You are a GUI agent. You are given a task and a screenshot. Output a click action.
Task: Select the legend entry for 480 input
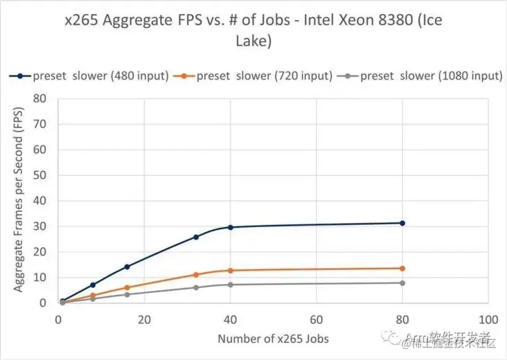pos(90,75)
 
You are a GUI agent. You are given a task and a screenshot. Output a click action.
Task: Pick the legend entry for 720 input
pos(256,75)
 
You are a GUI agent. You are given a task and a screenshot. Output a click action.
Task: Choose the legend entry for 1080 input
pos(424,75)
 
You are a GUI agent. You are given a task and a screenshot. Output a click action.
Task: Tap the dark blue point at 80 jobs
pos(402,223)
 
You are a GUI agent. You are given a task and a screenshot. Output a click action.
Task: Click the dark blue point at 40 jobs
pos(230,227)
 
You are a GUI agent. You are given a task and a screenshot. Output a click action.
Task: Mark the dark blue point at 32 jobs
pos(196,237)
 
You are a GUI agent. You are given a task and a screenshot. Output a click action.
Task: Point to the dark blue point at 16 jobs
pos(127,267)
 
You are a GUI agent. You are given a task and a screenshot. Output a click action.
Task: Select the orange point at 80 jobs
pos(402,268)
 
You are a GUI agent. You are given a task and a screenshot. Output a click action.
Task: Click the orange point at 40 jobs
pos(230,270)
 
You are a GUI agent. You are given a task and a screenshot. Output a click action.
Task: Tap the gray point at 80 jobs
pos(402,282)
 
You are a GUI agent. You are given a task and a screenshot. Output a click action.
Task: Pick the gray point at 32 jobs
pos(196,287)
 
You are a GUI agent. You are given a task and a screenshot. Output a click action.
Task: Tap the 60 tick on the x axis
pos(317,321)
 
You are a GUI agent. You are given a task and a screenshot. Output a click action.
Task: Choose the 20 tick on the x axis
pos(144,321)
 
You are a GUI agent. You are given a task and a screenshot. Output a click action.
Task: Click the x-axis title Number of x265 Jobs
pos(273,339)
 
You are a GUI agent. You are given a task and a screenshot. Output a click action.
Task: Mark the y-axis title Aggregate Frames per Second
pos(20,201)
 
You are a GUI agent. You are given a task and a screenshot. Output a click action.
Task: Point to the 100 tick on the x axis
pos(488,321)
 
